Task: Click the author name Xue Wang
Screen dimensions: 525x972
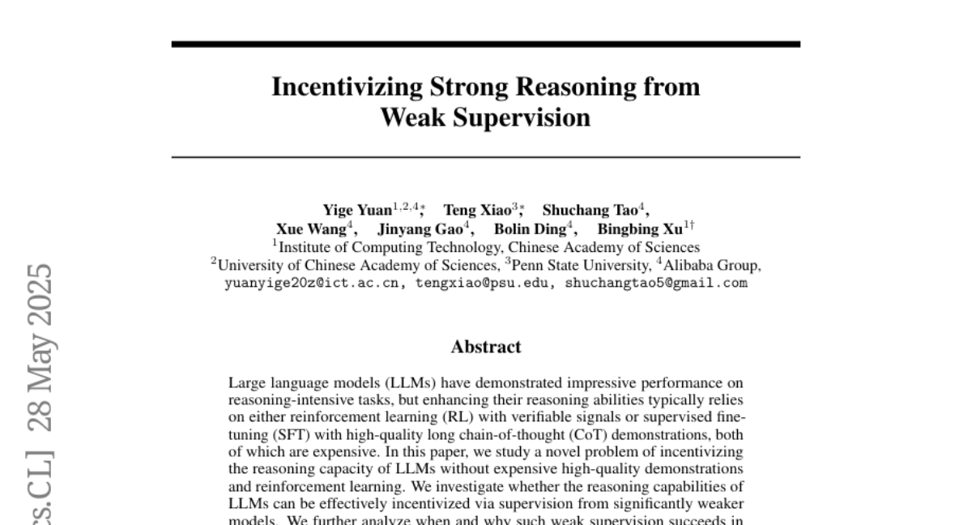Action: click(x=311, y=228)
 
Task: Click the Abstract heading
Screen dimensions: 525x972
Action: click(x=486, y=347)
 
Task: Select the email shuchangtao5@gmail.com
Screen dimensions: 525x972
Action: click(x=656, y=284)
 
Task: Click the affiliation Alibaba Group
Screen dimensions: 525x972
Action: click(x=712, y=265)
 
